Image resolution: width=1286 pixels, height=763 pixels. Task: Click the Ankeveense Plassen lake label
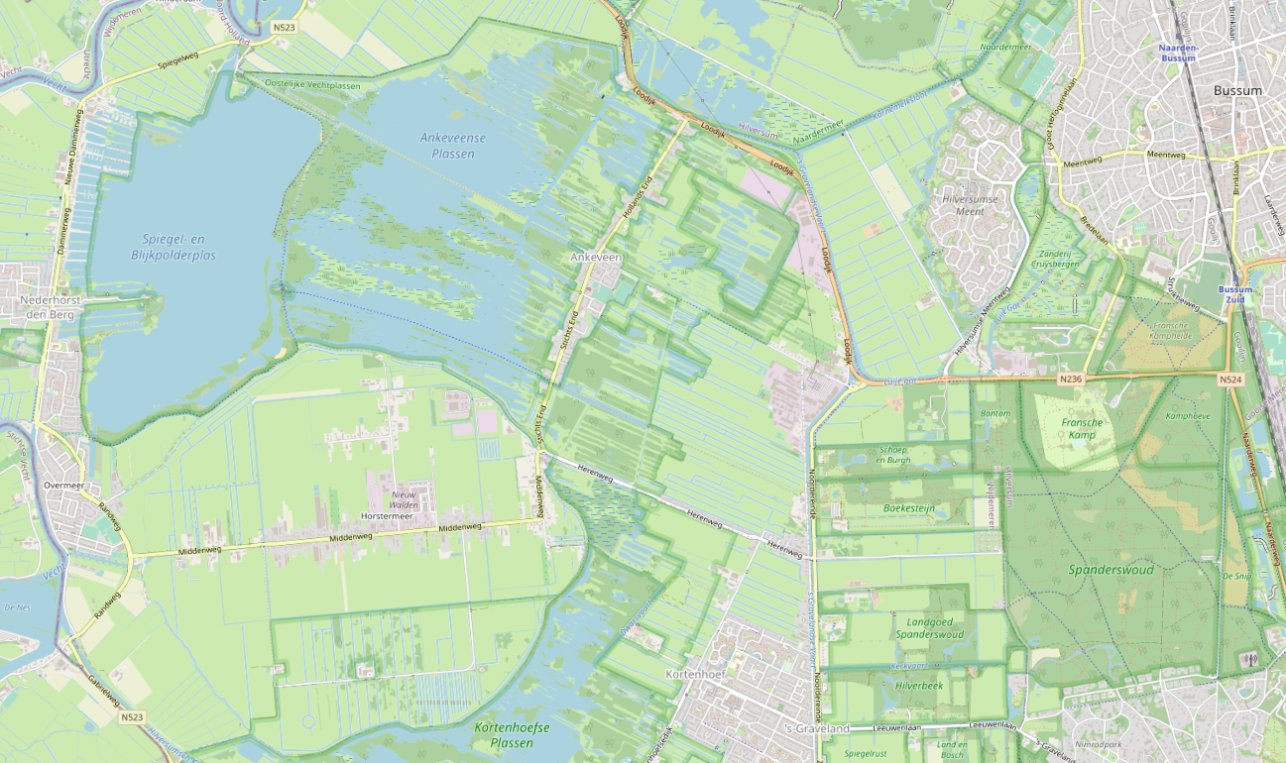coord(446,146)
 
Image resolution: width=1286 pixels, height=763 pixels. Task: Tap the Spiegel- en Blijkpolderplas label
coord(178,247)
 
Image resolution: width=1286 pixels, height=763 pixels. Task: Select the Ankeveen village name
coord(595,257)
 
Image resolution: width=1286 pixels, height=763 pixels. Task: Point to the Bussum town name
coord(1237,91)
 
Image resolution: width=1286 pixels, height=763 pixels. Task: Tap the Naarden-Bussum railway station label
coord(1178,53)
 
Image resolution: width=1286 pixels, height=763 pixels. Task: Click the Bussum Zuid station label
coord(1235,295)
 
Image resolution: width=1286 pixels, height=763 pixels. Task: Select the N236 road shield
coord(1070,379)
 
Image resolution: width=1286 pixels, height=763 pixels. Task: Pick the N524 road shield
coord(1230,380)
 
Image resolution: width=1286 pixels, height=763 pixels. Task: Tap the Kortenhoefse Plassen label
coord(512,735)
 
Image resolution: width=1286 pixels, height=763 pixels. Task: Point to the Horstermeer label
coord(388,517)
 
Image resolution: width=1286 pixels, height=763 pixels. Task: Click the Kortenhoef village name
coord(696,675)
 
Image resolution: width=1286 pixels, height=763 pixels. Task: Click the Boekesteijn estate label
coord(909,508)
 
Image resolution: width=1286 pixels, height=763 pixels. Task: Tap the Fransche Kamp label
coord(1082,429)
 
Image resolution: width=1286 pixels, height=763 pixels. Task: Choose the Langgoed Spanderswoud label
coord(929,627)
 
